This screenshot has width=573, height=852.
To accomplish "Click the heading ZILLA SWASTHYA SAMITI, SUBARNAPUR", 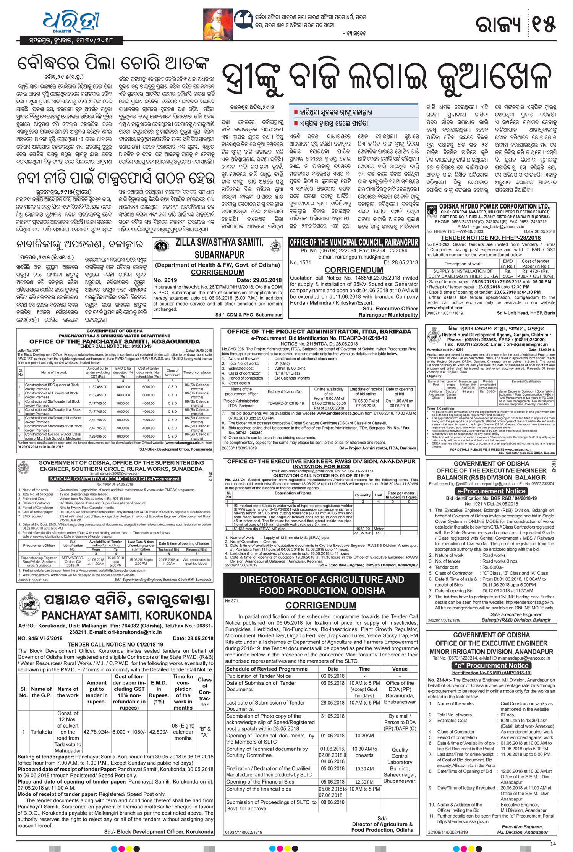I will (x=218, y=248).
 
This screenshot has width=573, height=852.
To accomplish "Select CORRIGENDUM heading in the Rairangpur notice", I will (x=354, y=270).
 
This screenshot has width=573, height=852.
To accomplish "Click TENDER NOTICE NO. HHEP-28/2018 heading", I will (x=491, y=238).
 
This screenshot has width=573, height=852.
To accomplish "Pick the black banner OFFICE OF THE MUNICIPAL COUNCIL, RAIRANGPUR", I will (x=354, y=243).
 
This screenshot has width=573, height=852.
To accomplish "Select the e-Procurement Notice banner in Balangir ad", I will (x=491, y=491).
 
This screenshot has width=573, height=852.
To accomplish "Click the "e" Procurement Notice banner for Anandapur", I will (x=491, y=665).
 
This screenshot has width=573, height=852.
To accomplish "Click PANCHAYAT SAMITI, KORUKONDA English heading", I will (x=126, y=616).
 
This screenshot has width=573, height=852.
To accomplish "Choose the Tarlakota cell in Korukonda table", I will (x=41, y=732).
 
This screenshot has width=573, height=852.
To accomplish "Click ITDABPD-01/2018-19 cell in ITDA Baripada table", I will (x=285, y=403).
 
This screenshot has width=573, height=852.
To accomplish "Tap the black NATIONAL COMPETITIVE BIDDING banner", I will (x=115, y=479).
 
